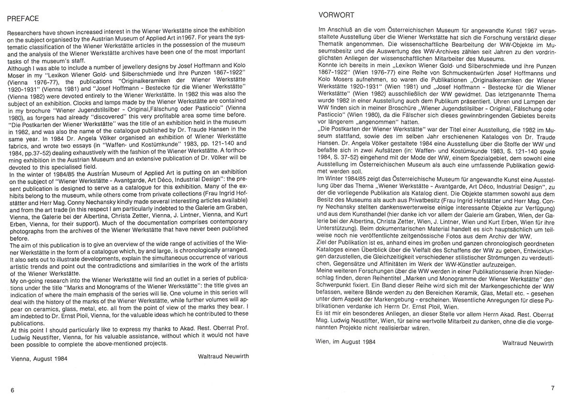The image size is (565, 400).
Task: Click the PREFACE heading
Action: pos(23,19)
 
